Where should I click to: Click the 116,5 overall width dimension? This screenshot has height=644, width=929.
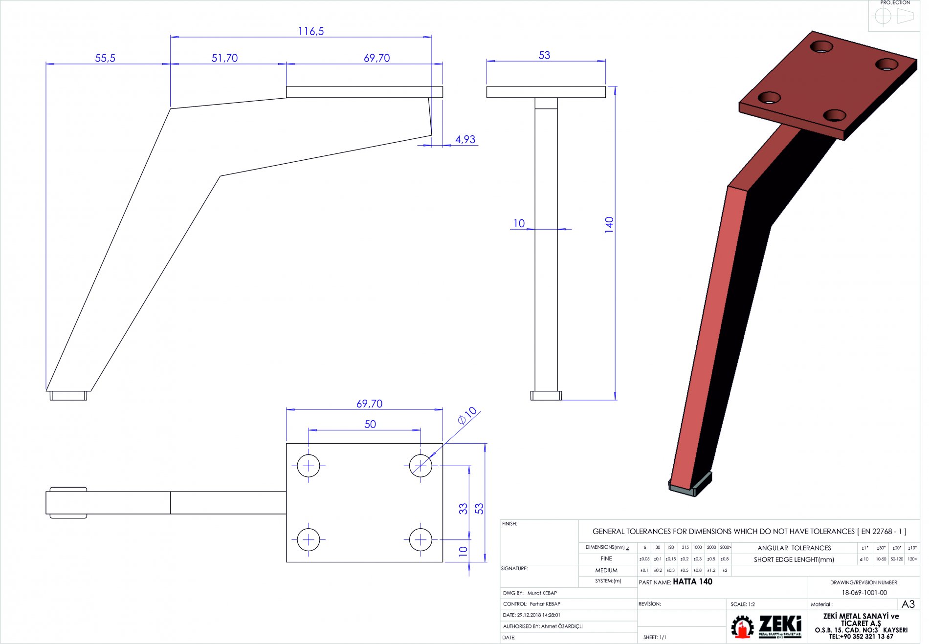coord(311,31)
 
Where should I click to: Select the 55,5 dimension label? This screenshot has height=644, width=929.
coord(105,58)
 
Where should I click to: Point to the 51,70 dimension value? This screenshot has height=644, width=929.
coord(224,58)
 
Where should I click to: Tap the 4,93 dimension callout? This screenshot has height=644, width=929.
coord(465,140)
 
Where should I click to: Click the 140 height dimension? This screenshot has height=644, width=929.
coord(609,224)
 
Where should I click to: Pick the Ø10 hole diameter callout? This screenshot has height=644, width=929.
coord(467,415)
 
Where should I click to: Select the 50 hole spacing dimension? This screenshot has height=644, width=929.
coord(370,424)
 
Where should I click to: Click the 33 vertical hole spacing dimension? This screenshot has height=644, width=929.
coord(463,509)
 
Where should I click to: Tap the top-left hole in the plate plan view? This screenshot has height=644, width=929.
coord(309,466)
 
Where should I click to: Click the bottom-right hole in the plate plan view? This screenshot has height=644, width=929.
coord(420,539)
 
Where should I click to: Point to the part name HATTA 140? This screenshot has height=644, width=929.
coord(692,581)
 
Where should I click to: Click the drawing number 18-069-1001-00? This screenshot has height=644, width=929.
coord(864,593)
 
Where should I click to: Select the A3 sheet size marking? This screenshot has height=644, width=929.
coord(908,604)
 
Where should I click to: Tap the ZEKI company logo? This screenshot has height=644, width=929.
coord(766,626)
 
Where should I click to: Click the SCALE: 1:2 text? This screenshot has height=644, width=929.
coord(743,604)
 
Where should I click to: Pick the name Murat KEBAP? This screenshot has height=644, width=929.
coord(542,593)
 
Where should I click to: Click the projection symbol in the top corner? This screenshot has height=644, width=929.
coord(893,17)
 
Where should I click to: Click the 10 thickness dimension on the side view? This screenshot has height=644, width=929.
coord(519,223)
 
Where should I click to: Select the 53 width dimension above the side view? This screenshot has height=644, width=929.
coord(544,55)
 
